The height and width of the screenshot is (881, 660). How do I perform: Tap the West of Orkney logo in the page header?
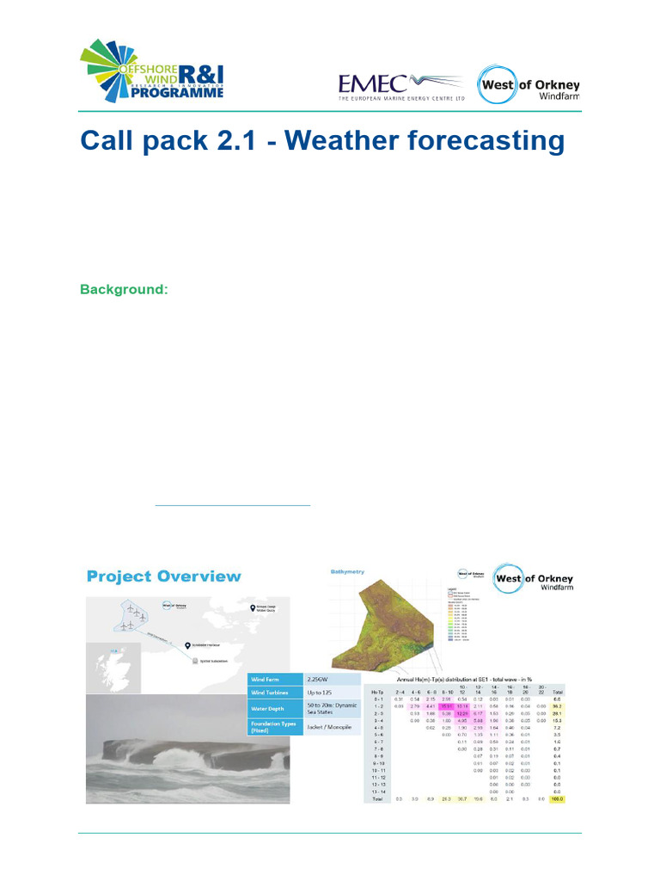[x=529, y=86]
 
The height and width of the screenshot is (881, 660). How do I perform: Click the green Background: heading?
[x=124, y=289]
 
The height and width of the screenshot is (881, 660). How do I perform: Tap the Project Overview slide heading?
[x=164, y=576]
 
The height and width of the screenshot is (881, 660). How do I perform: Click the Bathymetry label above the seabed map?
[x=349, y=570]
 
